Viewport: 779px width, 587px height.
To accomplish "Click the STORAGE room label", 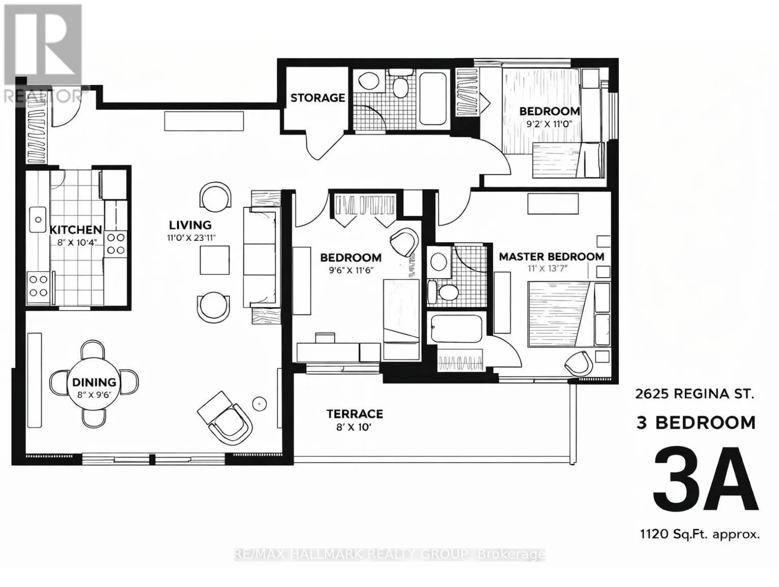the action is [318, 98].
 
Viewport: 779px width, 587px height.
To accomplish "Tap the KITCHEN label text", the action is [76, 230].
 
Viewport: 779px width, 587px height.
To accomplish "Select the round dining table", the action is [94, 383].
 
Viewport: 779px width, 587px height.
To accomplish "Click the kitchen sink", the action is [38, 220].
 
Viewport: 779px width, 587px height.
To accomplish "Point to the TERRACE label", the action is [355, 414].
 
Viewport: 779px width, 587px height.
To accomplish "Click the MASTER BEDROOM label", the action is [552, 256].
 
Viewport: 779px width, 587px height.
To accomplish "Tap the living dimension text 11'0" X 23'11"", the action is [192, 238].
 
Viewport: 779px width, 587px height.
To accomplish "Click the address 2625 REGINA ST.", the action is [695, 394].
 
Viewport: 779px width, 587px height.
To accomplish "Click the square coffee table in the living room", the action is [214, 260].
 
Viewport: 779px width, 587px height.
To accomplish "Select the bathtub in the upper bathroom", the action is [432, 99].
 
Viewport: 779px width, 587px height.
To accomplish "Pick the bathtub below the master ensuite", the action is [456, 329].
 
